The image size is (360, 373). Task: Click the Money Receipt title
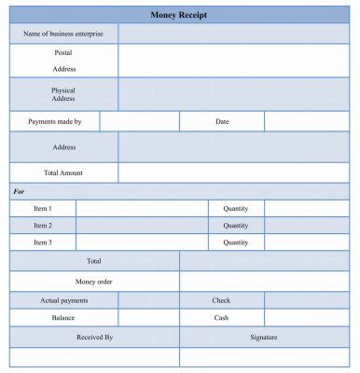coord(179,15)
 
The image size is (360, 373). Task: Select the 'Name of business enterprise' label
coord(63,35)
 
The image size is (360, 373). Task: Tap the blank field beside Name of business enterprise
coord(238,35)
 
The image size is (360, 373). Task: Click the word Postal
coord(63,53)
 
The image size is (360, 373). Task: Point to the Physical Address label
coord(63,94)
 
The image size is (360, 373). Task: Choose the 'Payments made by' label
coord(55,122)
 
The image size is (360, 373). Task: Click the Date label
coord(222,122)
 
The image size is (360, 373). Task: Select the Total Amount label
coord(63,173)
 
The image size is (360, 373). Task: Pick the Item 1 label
coord(43,209)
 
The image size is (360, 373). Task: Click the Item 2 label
coord(43,226)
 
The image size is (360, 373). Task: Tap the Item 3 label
coord(43,242)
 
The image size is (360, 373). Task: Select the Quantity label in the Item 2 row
coord(236,226)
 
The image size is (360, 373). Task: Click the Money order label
coord(94,282)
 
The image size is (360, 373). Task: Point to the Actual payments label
coord(64,300)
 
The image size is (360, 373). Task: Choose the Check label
coord(222,300)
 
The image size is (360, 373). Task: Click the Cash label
coord(222,318)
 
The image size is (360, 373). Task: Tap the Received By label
coord(94,337)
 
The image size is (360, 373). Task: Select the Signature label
coord(264,337)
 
